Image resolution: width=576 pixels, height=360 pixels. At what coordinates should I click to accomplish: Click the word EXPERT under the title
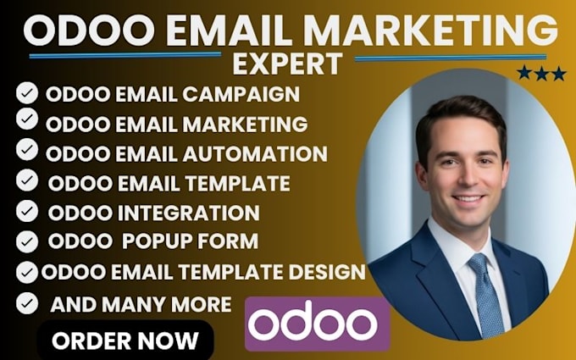(287, 64)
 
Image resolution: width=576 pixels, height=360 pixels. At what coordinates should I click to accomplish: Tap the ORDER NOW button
(125, 341)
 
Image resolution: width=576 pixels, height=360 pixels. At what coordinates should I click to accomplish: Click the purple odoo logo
(318, 324)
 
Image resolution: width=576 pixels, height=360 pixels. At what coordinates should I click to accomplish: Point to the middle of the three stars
(541, 74)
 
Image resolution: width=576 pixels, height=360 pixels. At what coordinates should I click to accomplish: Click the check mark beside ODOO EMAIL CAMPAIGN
(27, 92)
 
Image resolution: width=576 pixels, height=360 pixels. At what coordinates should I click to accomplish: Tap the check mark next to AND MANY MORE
(27, 303)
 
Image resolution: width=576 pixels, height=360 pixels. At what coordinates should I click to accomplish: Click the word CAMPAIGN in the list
(241, 94)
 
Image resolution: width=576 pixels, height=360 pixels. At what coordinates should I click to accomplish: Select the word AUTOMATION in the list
(255, 153)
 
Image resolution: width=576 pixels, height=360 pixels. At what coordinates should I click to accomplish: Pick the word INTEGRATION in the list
(188, 213)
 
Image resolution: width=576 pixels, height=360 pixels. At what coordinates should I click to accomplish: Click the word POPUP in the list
(156, 241)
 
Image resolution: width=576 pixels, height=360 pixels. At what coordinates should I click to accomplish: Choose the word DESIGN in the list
(327, 272)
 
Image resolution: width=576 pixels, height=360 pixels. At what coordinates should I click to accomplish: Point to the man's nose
(468, 177)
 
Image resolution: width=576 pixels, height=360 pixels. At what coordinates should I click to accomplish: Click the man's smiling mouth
(468, 199)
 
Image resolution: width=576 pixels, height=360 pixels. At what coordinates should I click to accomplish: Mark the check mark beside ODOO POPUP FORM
(27, 241)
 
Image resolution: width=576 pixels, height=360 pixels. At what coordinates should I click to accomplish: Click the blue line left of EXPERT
(125, 55)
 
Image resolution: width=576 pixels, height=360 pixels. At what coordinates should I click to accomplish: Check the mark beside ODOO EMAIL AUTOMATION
(27, 150)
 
